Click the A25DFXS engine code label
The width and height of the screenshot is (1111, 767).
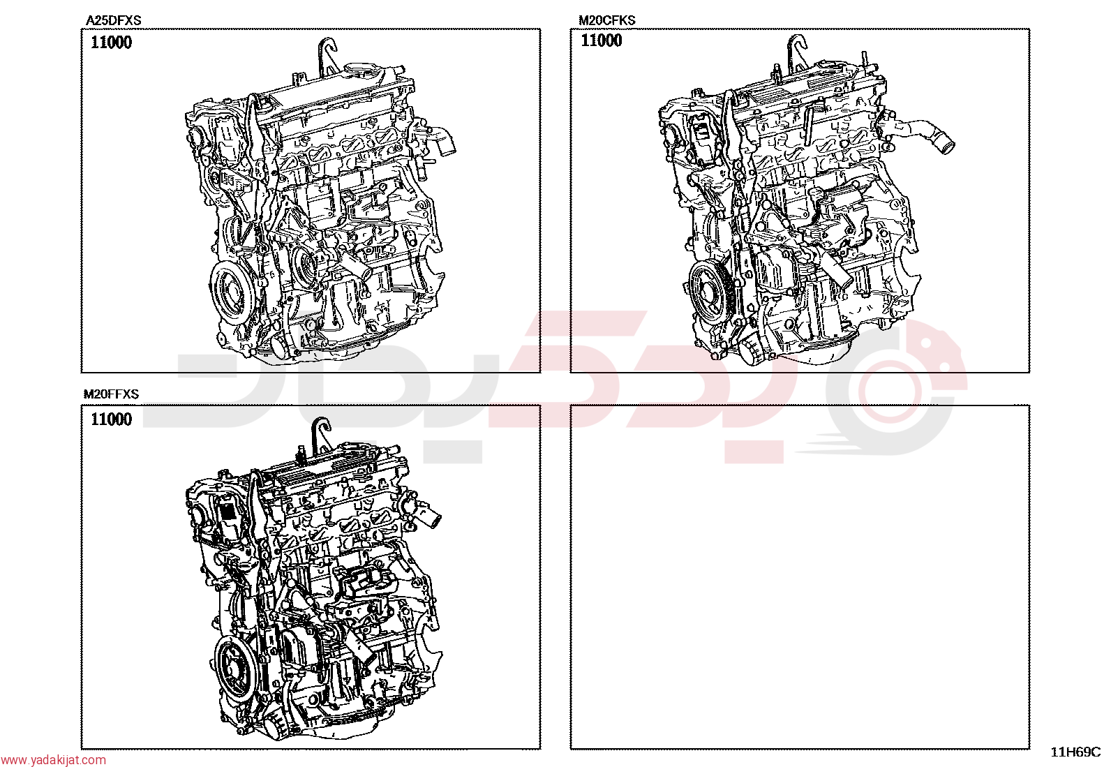pyautogui.click(x=114, y=20)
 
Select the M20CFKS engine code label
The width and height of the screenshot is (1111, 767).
pyautogui.click(x=607, y=20)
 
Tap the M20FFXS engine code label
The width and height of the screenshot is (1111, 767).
pyautogui.click(x=111, y=394)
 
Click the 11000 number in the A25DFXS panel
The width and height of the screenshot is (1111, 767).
pyautogui.click(x=112, y=43)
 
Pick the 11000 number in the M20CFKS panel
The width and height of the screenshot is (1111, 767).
pyautogui.click(x=601, y=40)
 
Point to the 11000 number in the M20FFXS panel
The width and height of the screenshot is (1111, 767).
pyautogui.click(x=112, y=419)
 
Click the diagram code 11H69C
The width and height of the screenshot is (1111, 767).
pyautogui.click(x=1076, y=752)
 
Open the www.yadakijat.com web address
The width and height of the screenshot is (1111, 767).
pyautogui.click(x=53, y=760)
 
